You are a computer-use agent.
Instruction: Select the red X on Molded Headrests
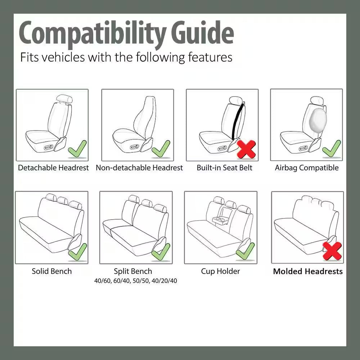(332, 251)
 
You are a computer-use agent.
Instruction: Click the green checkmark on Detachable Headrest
(78, 149)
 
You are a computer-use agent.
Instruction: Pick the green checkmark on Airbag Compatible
(332, 149)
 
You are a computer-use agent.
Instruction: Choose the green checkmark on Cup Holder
(246, 251)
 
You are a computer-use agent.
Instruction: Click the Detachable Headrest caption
(53, 168)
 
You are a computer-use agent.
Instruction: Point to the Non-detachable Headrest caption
(139, 168)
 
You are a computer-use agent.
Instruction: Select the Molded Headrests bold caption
(308, 271)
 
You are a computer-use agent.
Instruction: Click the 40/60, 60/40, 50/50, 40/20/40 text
(136, 281)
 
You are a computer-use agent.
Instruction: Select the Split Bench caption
(133, 271)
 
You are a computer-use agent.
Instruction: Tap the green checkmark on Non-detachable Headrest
(161, 149)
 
